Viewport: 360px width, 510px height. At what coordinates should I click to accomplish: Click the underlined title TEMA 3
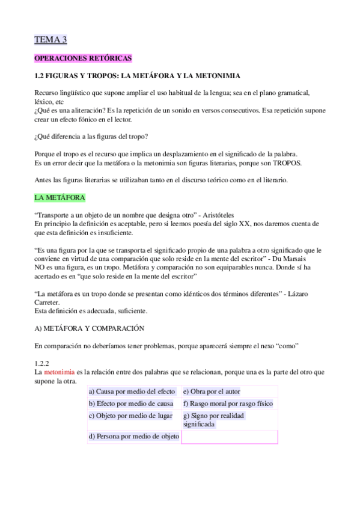(51, 40)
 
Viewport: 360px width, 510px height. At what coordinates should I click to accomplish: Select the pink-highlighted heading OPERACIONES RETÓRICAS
(83, 58)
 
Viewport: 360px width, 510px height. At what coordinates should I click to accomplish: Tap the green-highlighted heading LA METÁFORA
(60, 197)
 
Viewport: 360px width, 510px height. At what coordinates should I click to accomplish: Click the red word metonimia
(60, 373)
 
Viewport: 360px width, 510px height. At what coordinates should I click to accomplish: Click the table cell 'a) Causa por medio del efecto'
(133, 391)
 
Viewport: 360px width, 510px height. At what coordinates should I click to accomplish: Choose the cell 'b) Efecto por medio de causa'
(133, 404)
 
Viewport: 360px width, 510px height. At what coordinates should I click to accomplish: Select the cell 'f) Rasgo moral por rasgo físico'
(228, 404)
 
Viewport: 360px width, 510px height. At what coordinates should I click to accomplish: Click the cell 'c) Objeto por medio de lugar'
(133, 416)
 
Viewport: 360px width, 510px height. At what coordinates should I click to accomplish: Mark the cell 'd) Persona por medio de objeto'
(133, 437)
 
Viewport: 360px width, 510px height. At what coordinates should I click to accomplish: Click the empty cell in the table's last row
(229, 437)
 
